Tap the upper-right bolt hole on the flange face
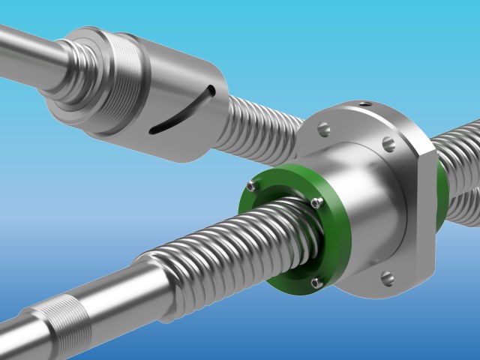coord(388,142)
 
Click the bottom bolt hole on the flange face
coord(387,278)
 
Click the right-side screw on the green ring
coord(317,202)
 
